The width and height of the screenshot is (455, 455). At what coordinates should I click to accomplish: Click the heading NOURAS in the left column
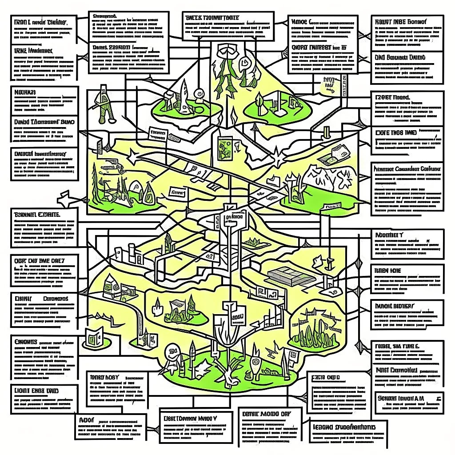click(26, 92)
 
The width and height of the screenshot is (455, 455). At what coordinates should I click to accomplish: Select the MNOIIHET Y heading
click(389, 235)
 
